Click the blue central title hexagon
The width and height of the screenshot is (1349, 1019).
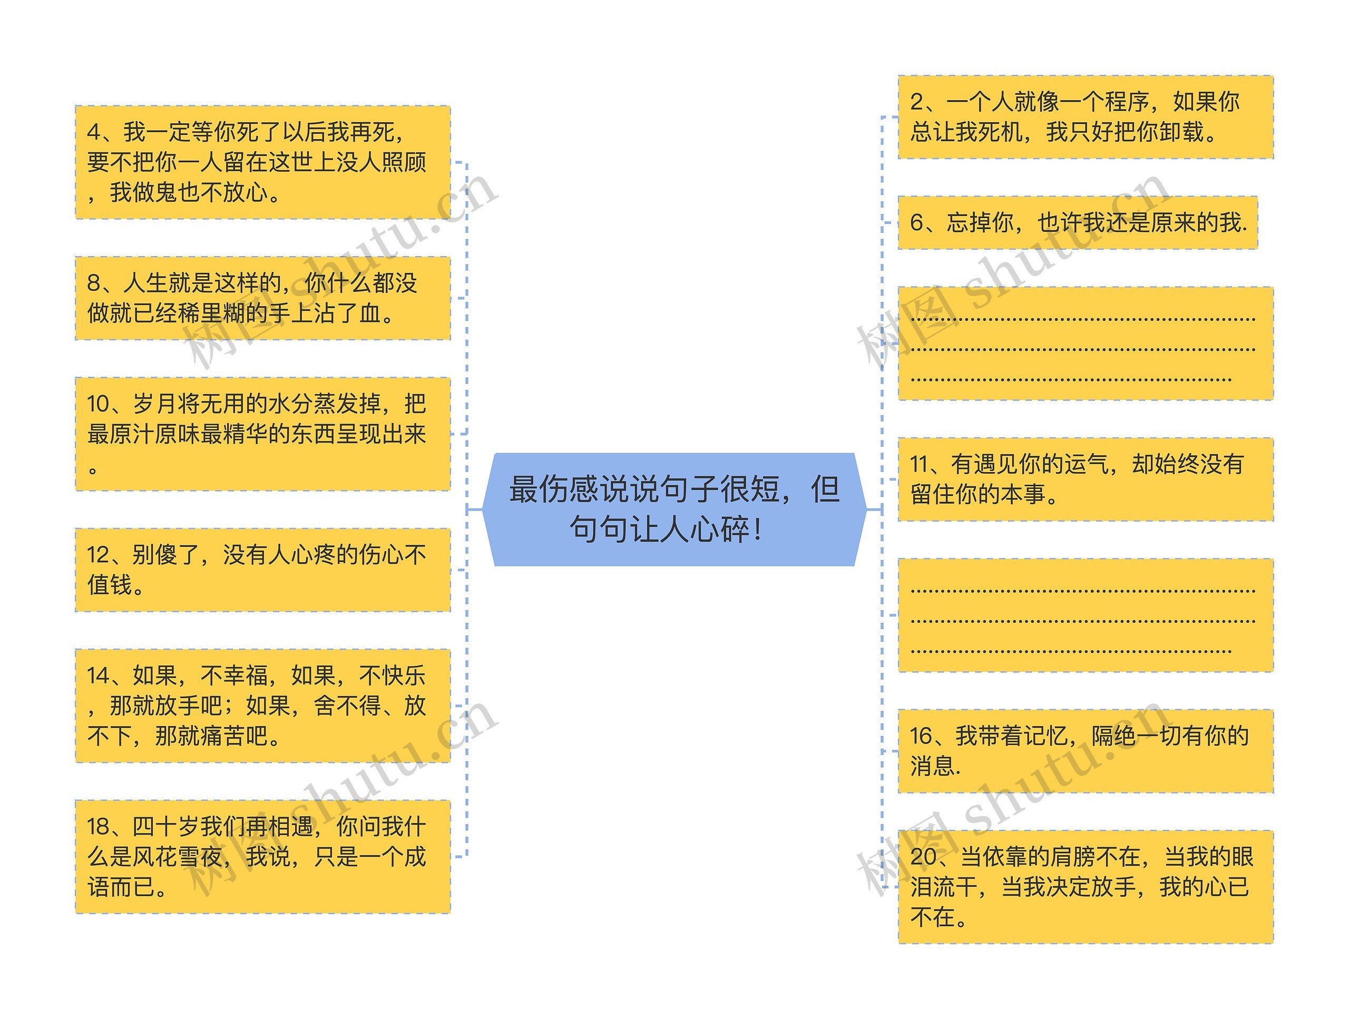tap(674, 509)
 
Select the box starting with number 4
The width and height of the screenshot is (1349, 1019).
tap(263, 162)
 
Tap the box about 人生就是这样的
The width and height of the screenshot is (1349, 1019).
tap(263, 298)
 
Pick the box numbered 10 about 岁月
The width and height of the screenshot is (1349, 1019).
tap(263, 434)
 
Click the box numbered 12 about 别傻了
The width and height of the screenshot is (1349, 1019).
tap(263, 570)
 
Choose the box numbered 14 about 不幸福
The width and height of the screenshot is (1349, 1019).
tap(263, 706)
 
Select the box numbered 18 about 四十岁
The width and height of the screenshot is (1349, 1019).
tap(263, 856)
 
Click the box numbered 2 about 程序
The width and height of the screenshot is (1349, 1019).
tap(1086, 117)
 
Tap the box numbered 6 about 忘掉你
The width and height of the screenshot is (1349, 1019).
tap(1078, 222)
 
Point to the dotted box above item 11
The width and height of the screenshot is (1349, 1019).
tap(1086, 344)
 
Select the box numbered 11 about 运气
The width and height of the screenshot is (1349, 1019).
tap(1086, 479)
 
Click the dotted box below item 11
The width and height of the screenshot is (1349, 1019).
tap(1086, 615)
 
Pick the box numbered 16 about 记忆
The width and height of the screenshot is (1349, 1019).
tap(1086, 751)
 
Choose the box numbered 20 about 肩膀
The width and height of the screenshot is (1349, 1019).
tap(1086, 887)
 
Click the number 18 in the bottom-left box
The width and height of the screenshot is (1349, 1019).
tap(99, 827)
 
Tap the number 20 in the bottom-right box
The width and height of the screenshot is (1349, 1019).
tap(923, 857)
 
